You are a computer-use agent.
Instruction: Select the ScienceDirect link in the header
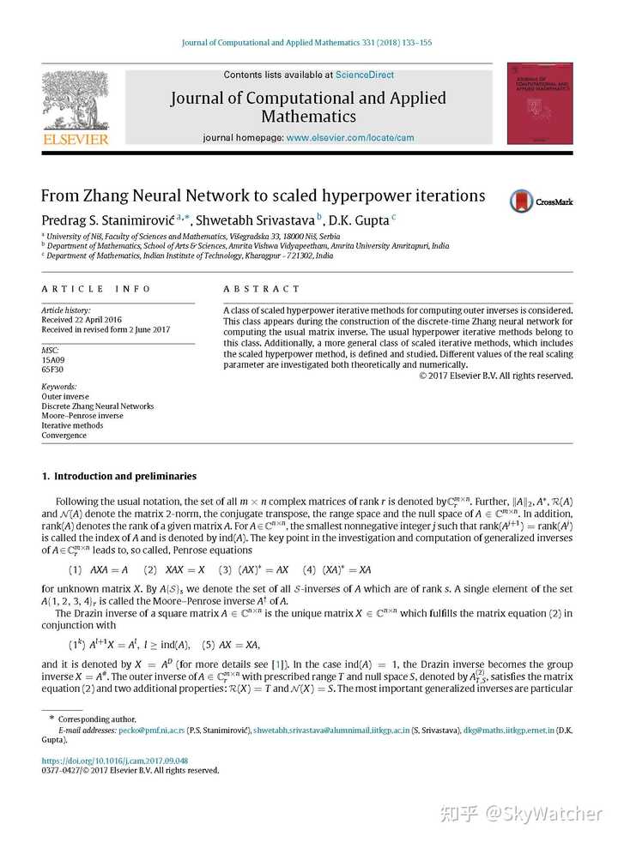pos(365,75)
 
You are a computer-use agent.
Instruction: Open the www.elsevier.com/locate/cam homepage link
pos(350,138)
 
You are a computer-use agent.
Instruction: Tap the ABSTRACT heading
pos(262,289)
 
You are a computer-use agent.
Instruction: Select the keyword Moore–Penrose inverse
pos(82,416)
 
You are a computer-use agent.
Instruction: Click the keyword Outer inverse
pos(65,397)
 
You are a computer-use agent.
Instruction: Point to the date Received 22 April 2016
pos(82,320)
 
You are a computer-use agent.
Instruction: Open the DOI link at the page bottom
pos(114,761)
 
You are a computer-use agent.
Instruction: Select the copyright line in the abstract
pos(495,376)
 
